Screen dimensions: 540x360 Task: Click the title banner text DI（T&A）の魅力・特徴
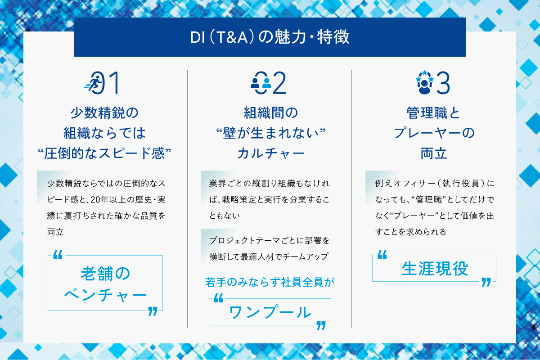[270, 37]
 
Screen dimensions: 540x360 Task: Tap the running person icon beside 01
[93, 83]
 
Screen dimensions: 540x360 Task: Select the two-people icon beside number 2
[261, 83]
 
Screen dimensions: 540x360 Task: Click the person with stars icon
[424, 82]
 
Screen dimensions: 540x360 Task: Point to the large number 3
[443, 83]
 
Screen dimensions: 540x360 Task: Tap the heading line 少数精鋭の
[104, 113]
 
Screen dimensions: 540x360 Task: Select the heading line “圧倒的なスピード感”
[104, 153]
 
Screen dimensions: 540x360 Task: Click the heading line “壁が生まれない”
[271, 133]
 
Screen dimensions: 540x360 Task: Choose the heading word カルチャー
[271, 153]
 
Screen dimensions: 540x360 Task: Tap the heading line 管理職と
[433, 113]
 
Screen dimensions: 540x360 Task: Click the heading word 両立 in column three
[434, 153]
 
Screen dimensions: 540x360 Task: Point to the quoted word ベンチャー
[105, 295]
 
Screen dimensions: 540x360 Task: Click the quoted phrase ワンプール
[270, 312]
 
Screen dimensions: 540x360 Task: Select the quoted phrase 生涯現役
[435, 269]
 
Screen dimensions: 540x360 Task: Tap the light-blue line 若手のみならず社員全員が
[270, 282]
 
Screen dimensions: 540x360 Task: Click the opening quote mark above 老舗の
[58, 255]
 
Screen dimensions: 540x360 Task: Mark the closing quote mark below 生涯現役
[486, 282]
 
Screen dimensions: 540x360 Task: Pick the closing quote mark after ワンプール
[321, 326]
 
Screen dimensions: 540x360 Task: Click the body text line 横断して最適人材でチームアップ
[269, 256]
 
